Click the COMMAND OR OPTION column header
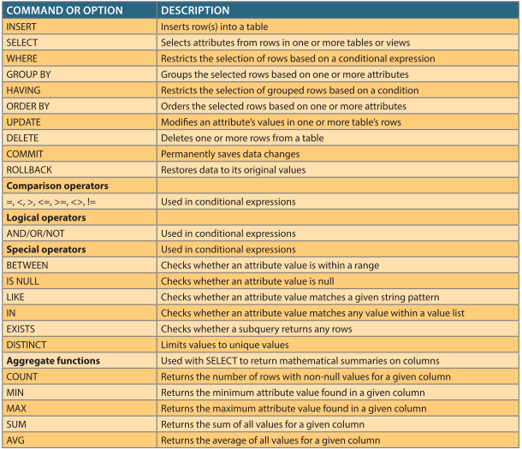tap(64, 10)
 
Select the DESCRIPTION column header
tap(195, 10)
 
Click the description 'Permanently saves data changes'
tap(230, 154)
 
